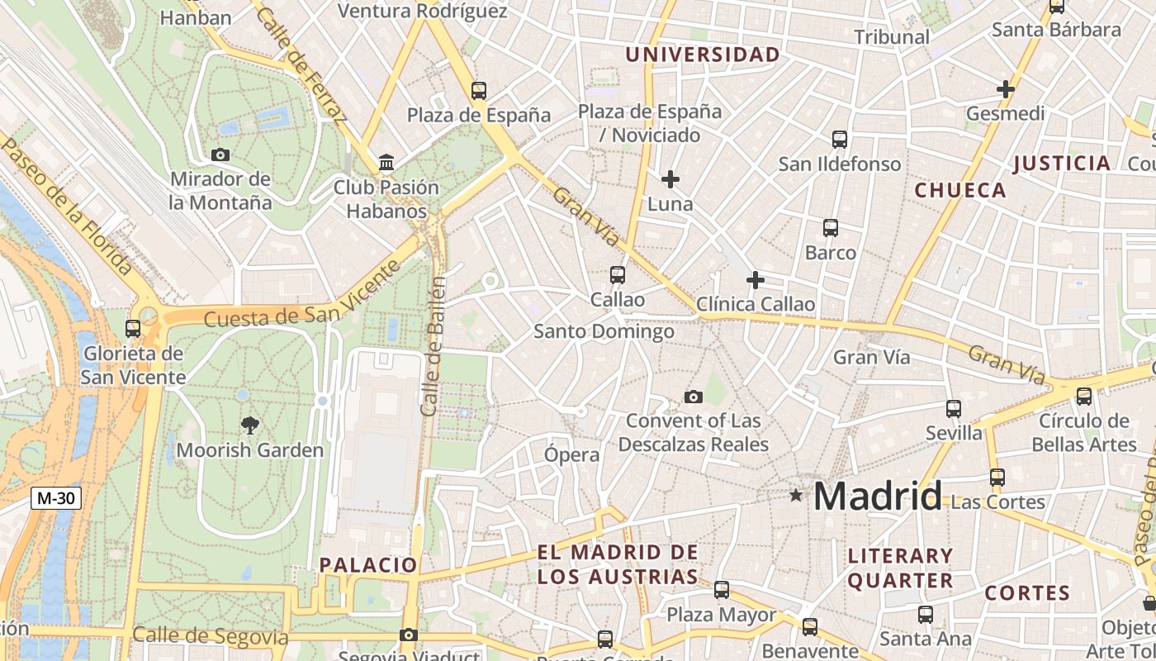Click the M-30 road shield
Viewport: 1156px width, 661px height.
56,498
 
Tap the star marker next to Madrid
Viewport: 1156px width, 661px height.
795,496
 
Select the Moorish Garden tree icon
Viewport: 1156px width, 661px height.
249,426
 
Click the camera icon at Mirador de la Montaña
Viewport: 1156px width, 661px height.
220,155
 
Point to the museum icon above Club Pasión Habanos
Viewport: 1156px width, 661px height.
386,163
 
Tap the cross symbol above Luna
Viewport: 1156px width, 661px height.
670,178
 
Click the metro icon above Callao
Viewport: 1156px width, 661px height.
617,274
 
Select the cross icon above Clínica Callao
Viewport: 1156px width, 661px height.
755,280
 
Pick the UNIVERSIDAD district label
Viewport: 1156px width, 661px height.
702,55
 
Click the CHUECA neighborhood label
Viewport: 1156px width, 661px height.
960,190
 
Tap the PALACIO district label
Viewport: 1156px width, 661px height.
368,565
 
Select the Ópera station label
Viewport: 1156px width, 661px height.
571,454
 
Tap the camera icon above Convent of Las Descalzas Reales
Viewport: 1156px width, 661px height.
694,397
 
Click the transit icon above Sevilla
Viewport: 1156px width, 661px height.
954,408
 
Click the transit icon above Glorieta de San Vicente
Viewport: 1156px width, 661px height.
133,329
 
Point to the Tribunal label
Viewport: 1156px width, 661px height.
892,37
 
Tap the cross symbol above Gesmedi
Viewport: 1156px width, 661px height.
1005,88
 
